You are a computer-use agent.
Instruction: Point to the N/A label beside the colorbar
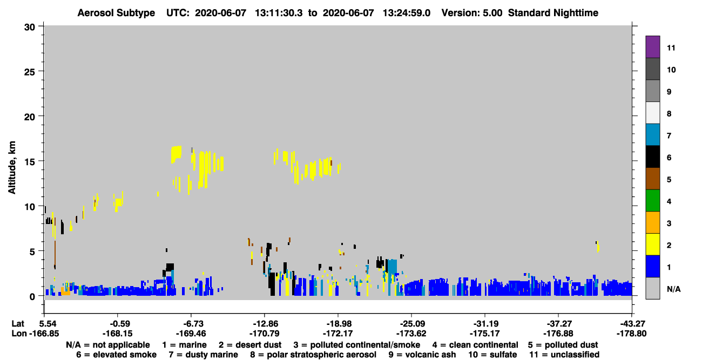[x=673, y=289]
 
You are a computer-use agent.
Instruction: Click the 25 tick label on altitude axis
[x=30, y=72]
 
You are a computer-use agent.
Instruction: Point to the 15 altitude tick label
[x=30, y=162]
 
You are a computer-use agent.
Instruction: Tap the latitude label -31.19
[x=485, y=324]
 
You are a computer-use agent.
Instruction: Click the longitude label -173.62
[x=411, y=334]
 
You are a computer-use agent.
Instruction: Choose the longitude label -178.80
[x=631, y=334]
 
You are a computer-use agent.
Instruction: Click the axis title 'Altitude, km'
[x=12, y=167]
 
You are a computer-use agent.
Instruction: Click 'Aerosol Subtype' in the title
[x=116, y=13]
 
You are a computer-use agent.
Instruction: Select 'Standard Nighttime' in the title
[x=553, y=13]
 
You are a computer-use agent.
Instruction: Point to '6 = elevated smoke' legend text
[x=116, y=355]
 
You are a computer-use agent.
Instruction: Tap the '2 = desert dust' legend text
[x=250, y=345]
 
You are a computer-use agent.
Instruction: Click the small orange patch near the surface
[x=65, y=291]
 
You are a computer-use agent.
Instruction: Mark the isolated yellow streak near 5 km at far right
[x=598, y=246]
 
